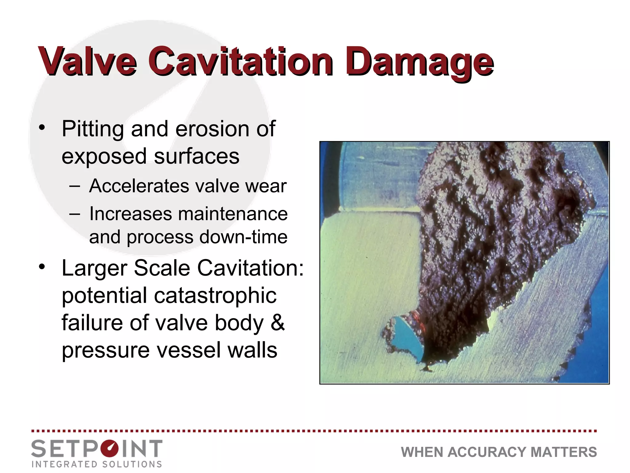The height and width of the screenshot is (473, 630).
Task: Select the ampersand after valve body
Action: click(277, 323)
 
